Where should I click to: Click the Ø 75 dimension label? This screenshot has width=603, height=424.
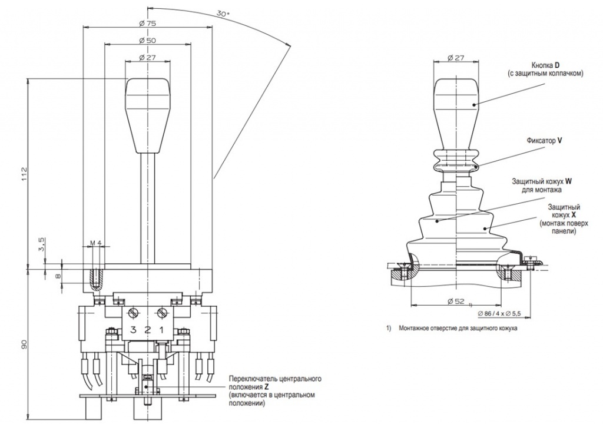coord(147,23)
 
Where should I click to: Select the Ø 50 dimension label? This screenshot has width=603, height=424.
coord(147,40)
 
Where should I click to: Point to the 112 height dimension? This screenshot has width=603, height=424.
coord(24,174)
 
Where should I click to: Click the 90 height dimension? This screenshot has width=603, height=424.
coord(24,345)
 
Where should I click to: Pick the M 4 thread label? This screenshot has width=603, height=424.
coord(96,243)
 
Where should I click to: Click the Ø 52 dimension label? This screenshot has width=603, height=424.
coord(456,302)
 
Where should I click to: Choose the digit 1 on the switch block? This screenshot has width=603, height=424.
coord(161,329)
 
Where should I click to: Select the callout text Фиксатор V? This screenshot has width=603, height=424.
coord(543,142)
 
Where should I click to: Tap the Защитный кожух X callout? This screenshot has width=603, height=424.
coord(564,219)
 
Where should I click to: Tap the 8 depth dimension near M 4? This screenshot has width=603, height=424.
coord(58,276)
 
